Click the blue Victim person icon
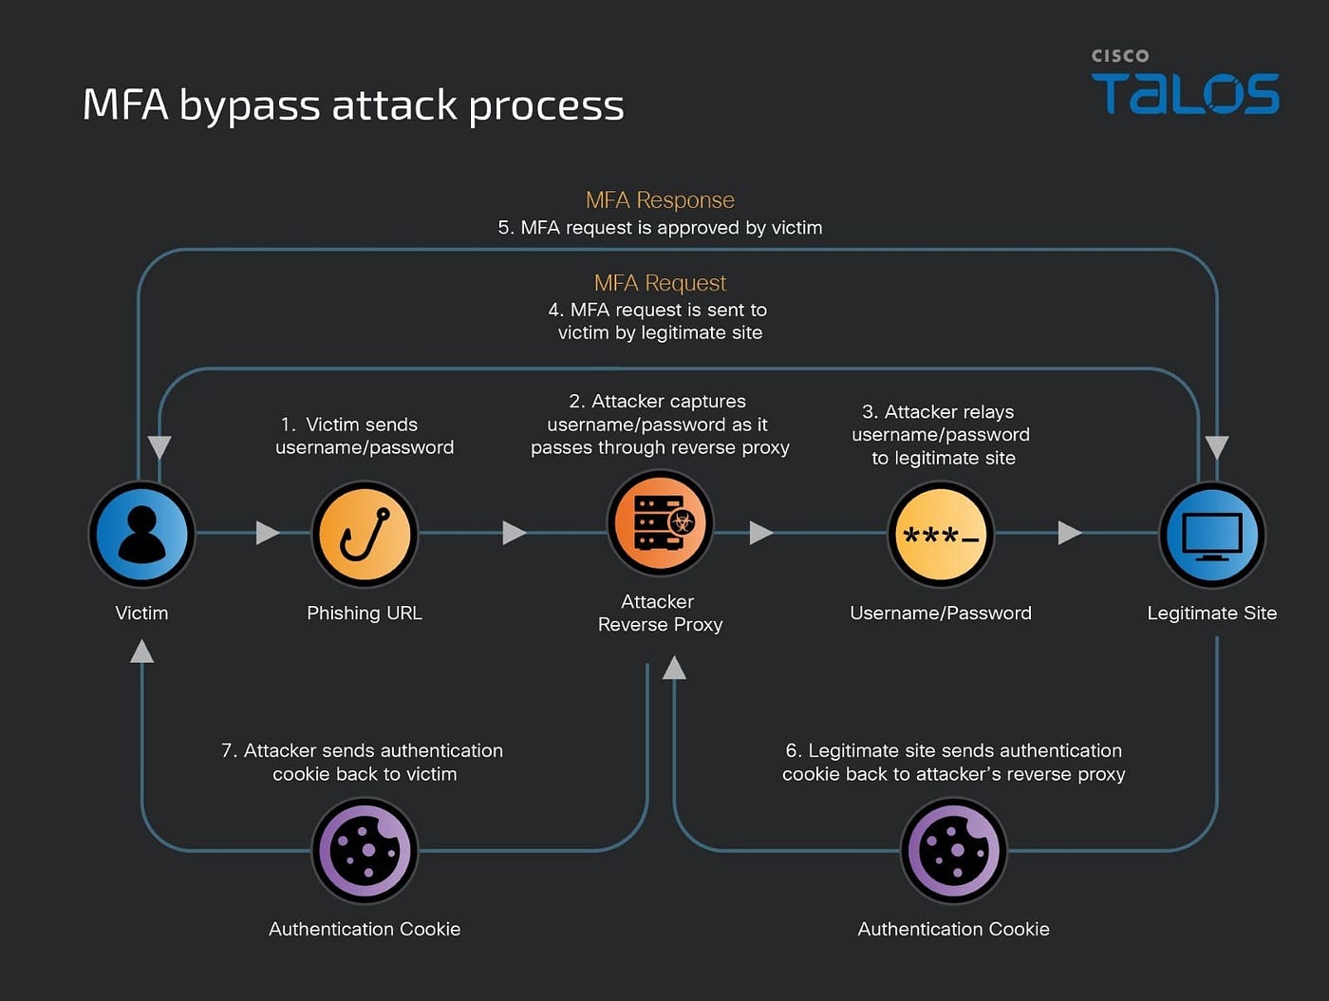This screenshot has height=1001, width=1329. pos(141,534)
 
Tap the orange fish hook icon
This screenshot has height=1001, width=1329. pos(365,534)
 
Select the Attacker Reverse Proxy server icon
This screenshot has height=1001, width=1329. pos(660,522)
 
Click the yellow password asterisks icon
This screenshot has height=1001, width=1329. pos(941,534)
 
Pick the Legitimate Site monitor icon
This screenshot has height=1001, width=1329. pos(1212,534)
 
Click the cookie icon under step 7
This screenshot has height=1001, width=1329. pos(365,851)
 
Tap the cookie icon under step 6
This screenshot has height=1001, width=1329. pos(954,851)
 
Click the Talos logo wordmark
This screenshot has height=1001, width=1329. pos(1185,93)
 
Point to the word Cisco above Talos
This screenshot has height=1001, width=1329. pos(1120,56)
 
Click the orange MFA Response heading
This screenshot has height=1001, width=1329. pos(660,199)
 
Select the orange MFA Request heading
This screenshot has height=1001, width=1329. pos(660,283)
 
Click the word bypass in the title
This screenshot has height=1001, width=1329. pos(250,106)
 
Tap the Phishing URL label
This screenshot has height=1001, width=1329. pos(365,613)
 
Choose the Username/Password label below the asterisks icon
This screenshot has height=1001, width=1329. pos(941,613)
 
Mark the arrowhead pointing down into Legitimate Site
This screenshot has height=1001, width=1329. pos(1217,447)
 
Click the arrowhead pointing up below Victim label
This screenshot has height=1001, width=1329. pos(141,652)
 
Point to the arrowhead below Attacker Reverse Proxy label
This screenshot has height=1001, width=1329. pos(674,668)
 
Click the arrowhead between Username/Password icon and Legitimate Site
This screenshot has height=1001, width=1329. pos(1070,533)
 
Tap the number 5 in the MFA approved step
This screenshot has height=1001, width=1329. pos(504,228)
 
